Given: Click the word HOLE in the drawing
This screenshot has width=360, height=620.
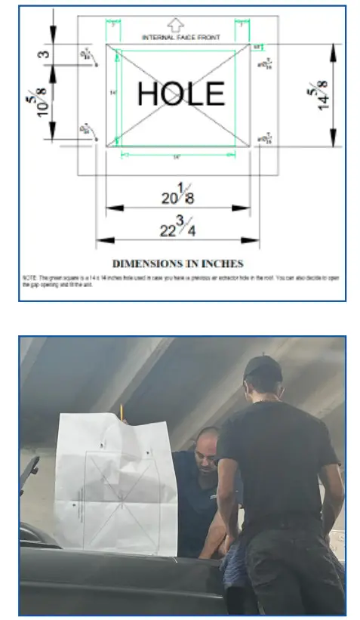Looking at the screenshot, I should (180, 93).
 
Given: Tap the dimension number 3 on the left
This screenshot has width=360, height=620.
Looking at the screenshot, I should (45, 54).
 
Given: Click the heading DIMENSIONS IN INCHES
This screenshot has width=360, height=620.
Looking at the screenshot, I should (178, 264).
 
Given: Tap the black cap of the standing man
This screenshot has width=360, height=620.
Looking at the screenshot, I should (263, 369).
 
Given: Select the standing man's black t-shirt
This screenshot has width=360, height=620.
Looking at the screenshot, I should (276, 461).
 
